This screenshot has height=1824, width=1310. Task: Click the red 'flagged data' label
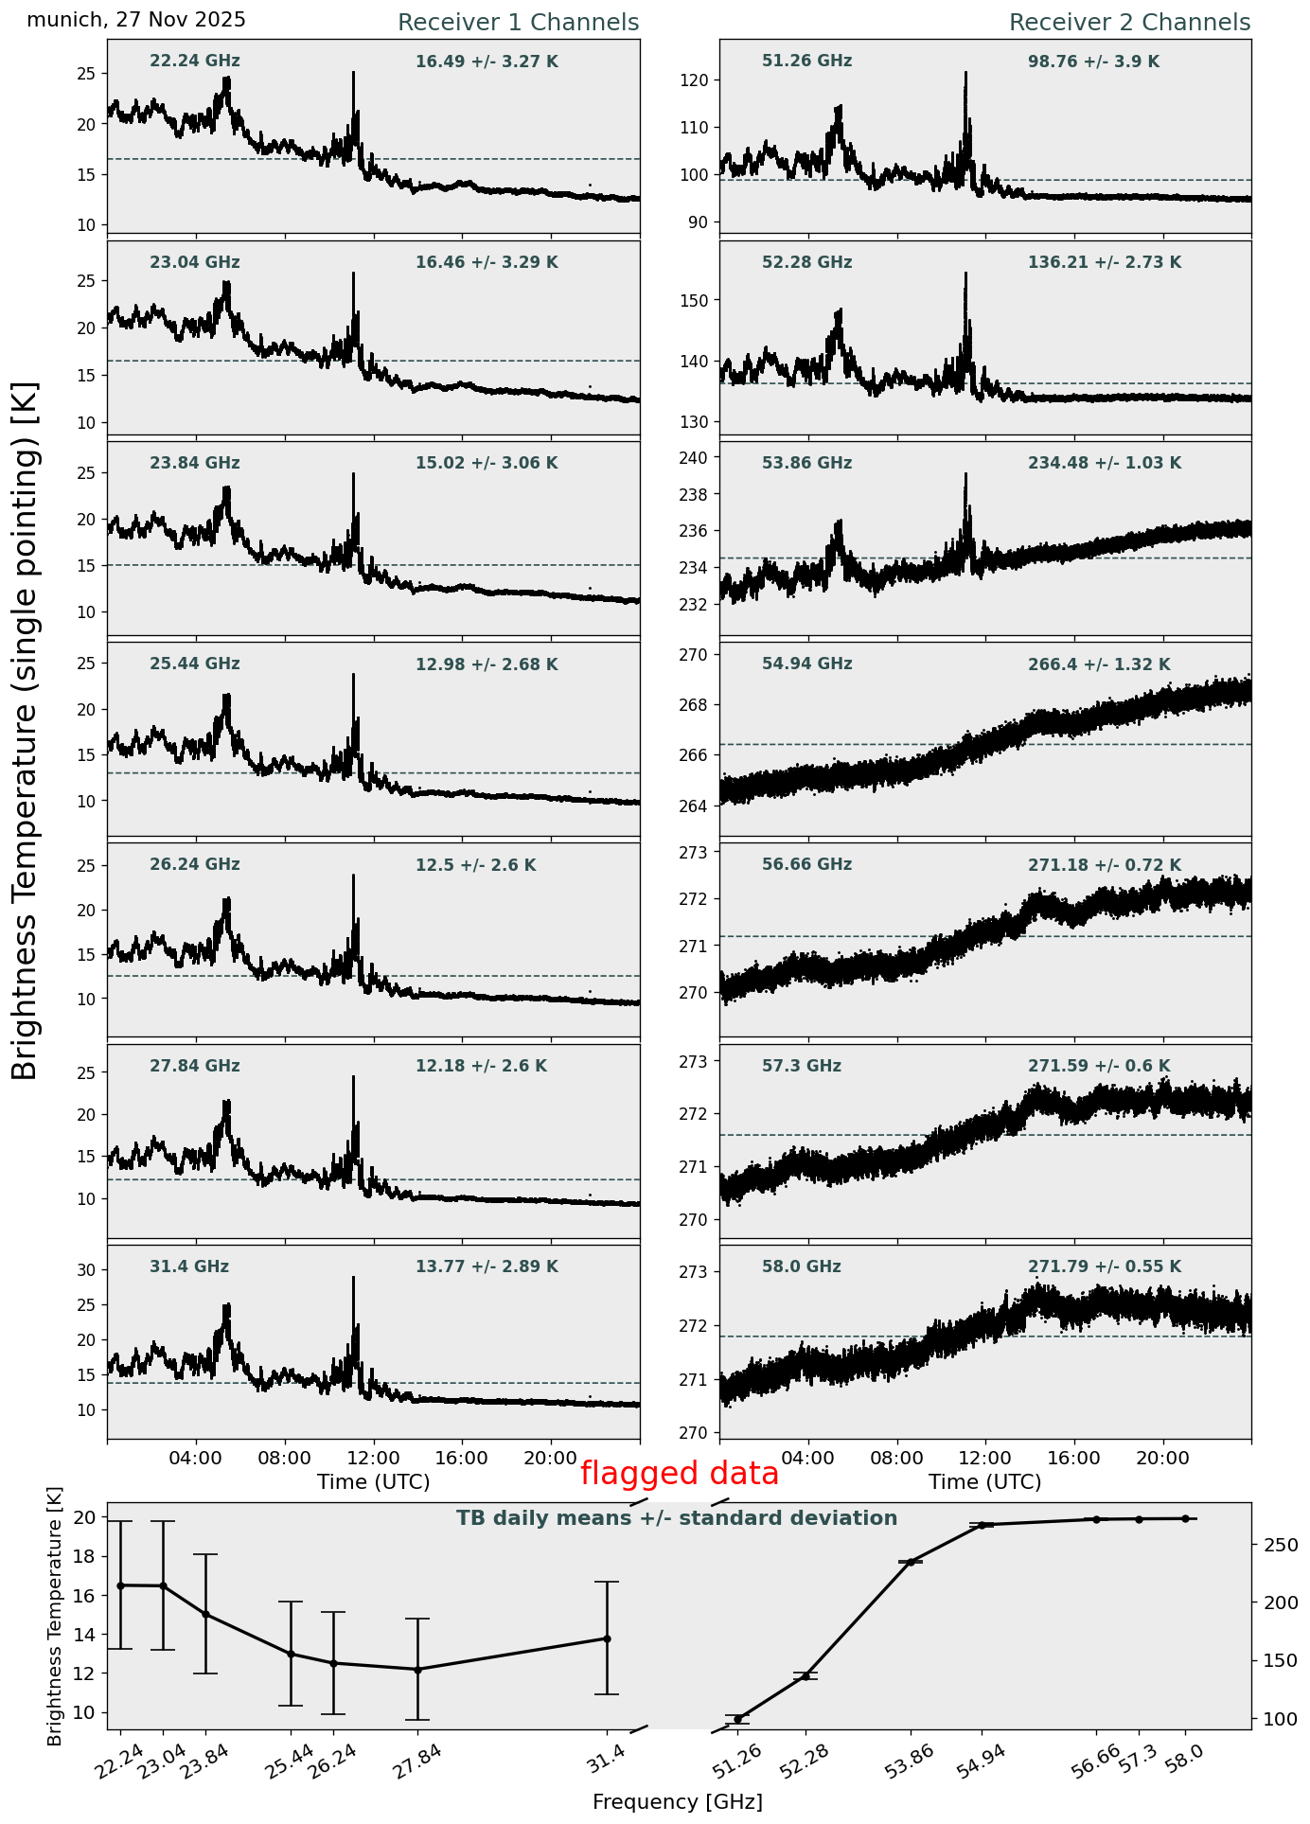[x=679, y=1474]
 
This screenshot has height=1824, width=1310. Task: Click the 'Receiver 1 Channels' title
[x=518, y=23]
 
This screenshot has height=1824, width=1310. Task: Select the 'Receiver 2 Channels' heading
[x=1129, y=23]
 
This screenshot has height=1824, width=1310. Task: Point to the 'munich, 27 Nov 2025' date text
[x=136, y=20]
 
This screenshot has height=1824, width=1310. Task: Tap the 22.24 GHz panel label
[x=195, y=62]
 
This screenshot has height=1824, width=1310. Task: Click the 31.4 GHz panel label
[x=189, y=1266]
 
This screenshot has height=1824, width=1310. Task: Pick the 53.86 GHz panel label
[x=806, y=463]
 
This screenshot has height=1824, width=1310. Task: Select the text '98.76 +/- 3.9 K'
[x=1093, y=62]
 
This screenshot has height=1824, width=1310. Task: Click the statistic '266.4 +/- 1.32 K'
[x=1099, y=664]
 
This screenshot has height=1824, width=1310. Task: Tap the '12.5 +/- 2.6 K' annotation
[x=475, y=865]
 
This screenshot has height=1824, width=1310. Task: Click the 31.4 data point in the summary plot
[x=607, y=1638]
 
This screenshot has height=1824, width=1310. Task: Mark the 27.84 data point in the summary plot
[x=416, y=1670]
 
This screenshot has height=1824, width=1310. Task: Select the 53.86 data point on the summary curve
[x=911, y=1562]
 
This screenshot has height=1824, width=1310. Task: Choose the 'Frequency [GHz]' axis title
[x=677, y=1802]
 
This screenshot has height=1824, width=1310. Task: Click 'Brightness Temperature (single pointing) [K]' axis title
[x=26, y=731]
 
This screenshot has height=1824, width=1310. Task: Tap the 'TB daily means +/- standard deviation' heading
[x=677, y=1518]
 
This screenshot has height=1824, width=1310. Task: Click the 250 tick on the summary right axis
[x=1278, y=1545]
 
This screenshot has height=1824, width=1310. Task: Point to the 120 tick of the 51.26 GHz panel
[x=696, y=80]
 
